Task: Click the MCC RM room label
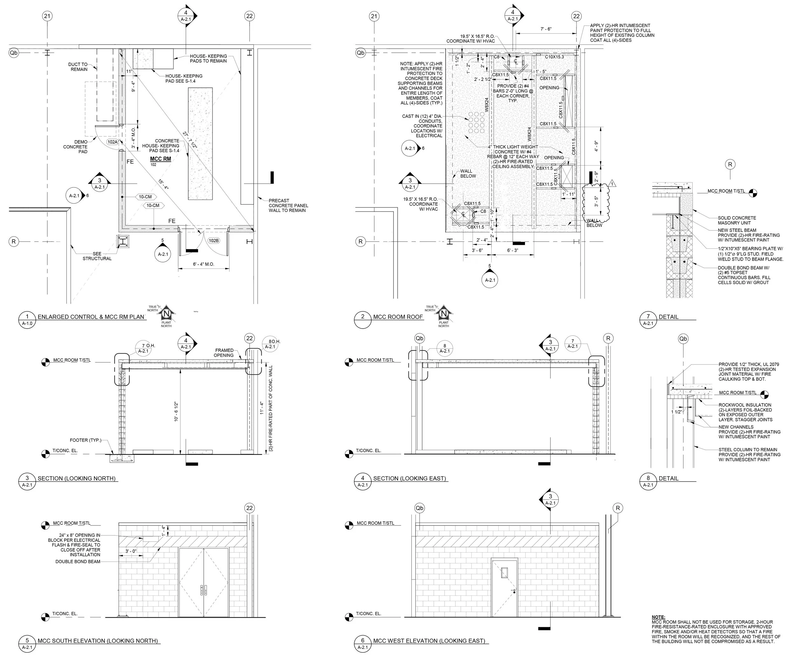160,159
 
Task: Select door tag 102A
113,142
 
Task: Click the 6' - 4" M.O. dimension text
203,264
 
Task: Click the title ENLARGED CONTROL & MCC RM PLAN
91,317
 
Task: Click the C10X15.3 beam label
554,57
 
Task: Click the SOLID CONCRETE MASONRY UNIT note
737,221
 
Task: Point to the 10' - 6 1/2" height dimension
176,411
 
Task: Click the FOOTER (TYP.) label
85,440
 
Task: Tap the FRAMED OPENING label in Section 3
224,352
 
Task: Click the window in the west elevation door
504,573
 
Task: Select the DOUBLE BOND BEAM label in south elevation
78,561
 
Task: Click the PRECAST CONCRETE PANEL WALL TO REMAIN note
288,205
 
